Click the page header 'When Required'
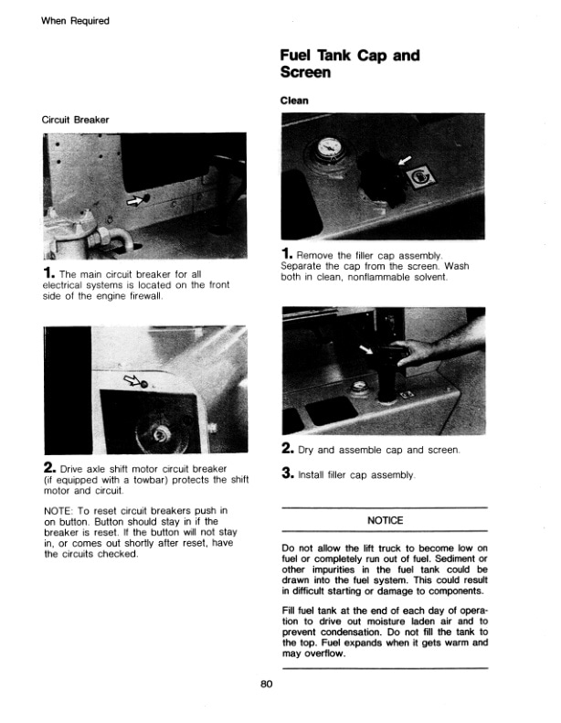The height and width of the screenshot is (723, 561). point(75,21)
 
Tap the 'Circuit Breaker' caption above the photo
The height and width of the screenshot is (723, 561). point(76,120)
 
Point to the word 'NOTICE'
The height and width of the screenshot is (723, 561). point(386,520)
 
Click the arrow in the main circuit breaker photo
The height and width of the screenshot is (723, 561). point(136,199)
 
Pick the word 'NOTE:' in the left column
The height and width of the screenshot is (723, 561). point(60,509)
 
